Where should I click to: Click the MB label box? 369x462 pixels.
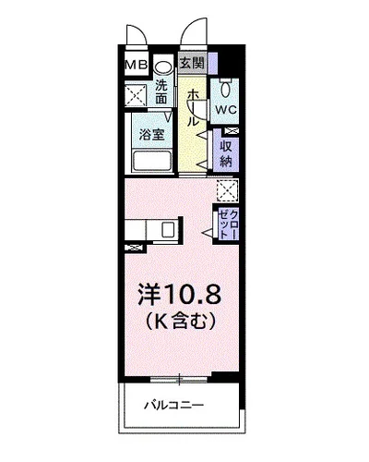click(x=137, y=66)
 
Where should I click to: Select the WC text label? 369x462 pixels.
click(x=226, y=109)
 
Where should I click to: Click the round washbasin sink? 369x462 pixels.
click(x=163, y=67)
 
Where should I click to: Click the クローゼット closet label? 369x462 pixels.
click(x=227, y=225)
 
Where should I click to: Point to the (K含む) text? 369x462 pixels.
click(x=181, y=322)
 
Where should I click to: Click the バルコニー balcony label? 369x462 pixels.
click(x=173, y=406)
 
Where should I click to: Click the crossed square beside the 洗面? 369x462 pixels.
click(x=136, y=94)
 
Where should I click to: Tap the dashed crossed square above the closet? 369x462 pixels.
click(x=227, y=189)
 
